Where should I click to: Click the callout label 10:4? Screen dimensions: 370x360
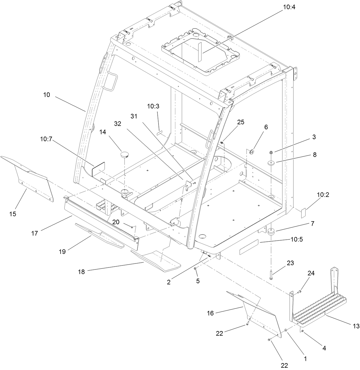pos(289,8)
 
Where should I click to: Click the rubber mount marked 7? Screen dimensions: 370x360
pos(271,231)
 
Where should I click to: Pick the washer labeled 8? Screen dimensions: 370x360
pos(271,164)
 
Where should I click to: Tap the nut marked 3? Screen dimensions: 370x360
pos(271,152)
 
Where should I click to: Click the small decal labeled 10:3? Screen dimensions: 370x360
pos(159,133)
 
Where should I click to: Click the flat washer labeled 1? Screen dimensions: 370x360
pos(286,331)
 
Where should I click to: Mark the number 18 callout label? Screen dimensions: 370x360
pos(82,272)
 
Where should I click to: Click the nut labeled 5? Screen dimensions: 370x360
pos(195,269)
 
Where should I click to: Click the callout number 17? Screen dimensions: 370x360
pos(35,233)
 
